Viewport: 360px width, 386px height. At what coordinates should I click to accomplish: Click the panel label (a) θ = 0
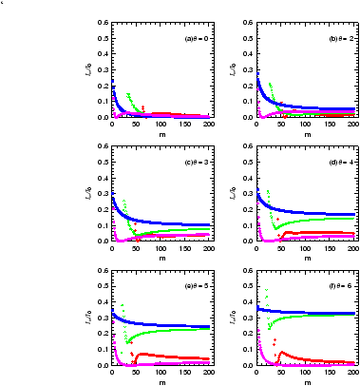click(197, 39)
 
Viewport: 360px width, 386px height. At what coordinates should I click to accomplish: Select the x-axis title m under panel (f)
click(304, 381)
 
